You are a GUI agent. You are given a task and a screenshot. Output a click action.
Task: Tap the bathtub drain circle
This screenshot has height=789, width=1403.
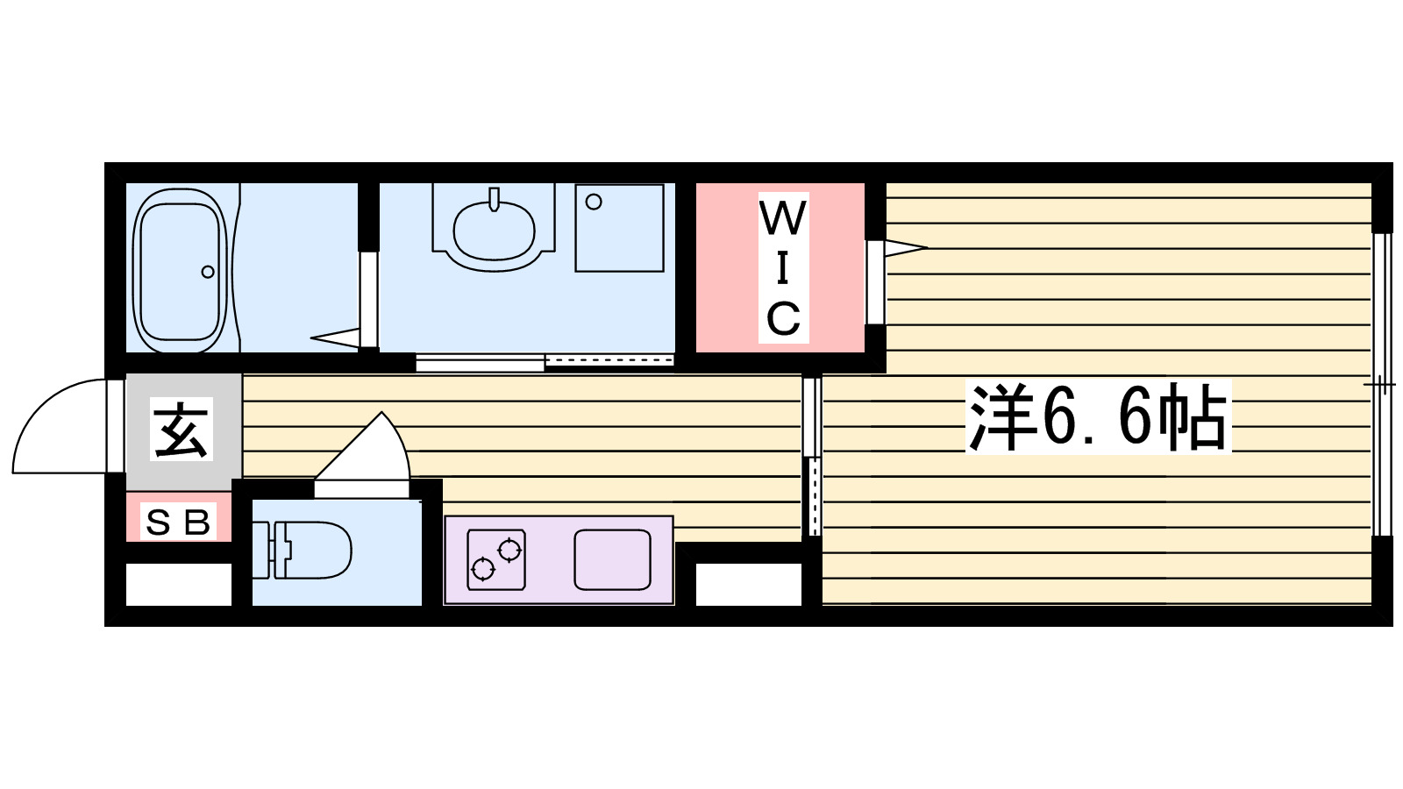point(208,272)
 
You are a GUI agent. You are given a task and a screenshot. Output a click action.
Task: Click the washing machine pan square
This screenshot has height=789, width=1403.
point(619,228)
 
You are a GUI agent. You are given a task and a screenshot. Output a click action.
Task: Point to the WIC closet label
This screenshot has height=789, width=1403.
point(783,267)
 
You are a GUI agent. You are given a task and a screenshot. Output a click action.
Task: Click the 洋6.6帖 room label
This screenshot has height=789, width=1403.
point(1098,417)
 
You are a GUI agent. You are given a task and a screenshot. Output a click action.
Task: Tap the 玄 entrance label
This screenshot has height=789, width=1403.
point(182,430)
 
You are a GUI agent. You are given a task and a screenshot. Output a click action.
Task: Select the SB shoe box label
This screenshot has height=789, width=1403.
point(179,522)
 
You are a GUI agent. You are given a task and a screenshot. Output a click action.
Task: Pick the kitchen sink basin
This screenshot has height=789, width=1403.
point(612,560)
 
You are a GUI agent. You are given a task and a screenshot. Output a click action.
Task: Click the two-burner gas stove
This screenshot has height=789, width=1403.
point(496,559)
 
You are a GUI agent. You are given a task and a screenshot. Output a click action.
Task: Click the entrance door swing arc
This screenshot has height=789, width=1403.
point(53,425)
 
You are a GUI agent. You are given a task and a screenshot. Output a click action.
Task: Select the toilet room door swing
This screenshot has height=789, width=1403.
point(368,451)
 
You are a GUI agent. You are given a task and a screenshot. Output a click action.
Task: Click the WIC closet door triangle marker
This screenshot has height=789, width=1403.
point(903,248)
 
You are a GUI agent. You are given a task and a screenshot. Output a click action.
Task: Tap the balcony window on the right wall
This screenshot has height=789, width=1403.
point(1381,384)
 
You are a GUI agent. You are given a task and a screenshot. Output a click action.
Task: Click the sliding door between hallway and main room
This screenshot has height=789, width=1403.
point(812,456)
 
